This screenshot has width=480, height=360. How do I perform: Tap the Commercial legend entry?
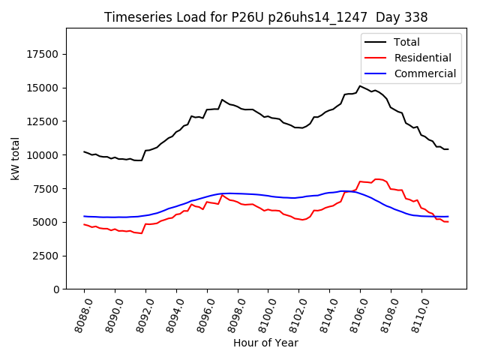pos(424,73)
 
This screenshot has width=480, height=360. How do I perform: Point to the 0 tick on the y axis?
pos(56,289)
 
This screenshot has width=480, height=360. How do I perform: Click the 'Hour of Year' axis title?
pos(265,343)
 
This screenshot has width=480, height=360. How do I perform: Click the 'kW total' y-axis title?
pos(15,159)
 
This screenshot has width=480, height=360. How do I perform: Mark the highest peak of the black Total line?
pos(360,85)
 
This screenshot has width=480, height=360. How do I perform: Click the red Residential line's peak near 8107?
pos(376,179)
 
